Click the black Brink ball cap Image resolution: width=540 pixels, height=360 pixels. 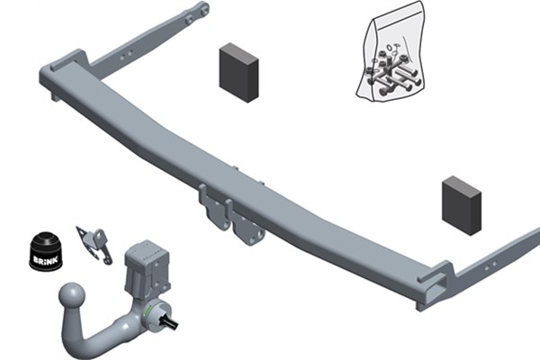point(46,251)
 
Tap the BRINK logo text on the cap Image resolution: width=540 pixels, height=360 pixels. point(46,260)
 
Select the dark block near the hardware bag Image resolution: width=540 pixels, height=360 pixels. point(238,73)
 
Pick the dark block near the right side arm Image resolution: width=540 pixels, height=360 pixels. point(462,206)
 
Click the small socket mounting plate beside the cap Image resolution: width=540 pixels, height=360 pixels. point(94,245)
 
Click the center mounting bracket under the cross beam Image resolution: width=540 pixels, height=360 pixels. point(230,216)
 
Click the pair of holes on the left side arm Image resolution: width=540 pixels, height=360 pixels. point(126,55)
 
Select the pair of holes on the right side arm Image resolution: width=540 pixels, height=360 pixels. point(490,265)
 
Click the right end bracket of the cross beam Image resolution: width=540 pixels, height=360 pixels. point(436,285)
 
